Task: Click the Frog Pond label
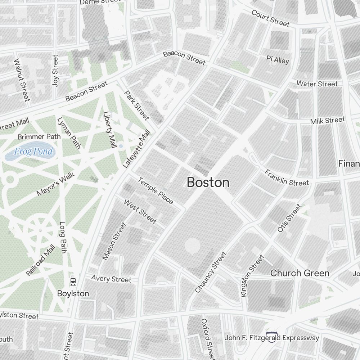[x=33, y=152]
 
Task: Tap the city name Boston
[x=208, y=183]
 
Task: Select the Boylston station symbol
[x=73, y=281]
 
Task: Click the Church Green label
[x=300, y=273]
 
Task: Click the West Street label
[x=140, y=211]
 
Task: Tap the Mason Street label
[x=114, y=241]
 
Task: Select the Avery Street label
[x=111, y=279]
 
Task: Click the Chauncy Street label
[x=211, y=272]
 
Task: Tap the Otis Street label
[x=289, y=218]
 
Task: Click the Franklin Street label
[x=287, y=177]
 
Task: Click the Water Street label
[x=317, y=84]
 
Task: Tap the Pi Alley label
[x=278, y=60]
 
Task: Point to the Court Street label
[x=270, y=18]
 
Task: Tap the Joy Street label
[x=55, y=70]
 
